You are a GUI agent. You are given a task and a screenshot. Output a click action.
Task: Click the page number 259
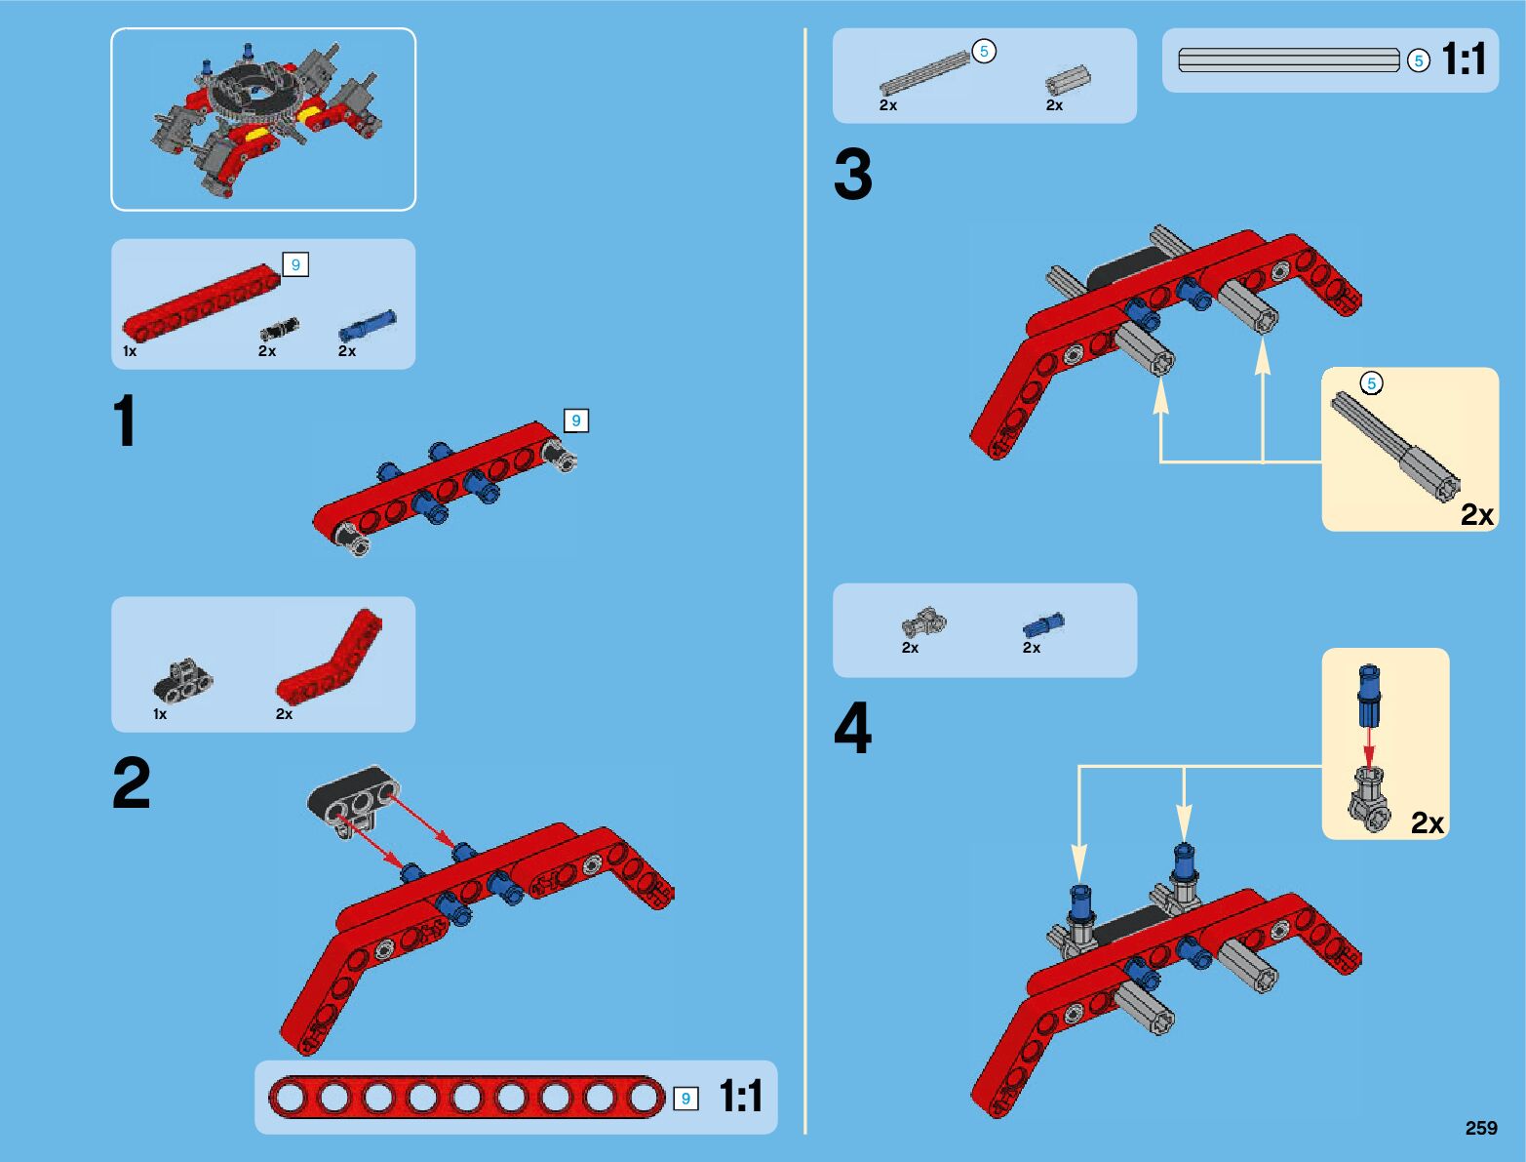click(1481, 1127)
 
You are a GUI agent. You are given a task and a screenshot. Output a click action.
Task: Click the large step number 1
click(125, 421)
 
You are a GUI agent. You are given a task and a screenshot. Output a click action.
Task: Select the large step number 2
click(132, 782)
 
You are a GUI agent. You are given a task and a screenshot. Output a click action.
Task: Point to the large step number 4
click(853, 728)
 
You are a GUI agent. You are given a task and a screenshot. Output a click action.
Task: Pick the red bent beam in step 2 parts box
click(330, 657)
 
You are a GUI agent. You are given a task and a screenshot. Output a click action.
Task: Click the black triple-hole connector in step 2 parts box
click(183, 680)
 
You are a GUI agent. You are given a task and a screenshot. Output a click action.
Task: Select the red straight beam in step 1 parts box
click(202, 302)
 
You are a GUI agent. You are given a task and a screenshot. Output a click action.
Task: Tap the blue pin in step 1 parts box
click(367, 325)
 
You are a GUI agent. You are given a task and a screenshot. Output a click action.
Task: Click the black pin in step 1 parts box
click(280, 329)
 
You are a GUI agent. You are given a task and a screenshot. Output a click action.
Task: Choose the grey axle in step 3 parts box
click(924, 73)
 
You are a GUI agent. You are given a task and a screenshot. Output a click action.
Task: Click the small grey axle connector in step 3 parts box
click(1068, 80)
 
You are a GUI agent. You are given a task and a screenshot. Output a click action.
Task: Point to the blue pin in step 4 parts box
click(1042, 624)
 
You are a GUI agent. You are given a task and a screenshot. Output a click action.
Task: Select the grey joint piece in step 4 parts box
click(924, 622)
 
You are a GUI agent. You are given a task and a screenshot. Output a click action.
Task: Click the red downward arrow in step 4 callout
click(1369, 745)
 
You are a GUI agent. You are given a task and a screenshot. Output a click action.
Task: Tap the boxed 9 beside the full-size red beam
click(685, 1098)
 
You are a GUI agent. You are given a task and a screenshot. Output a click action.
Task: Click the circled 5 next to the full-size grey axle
click(1418, 60)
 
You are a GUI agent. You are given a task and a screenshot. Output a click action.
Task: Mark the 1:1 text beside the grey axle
click(1464, 59)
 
